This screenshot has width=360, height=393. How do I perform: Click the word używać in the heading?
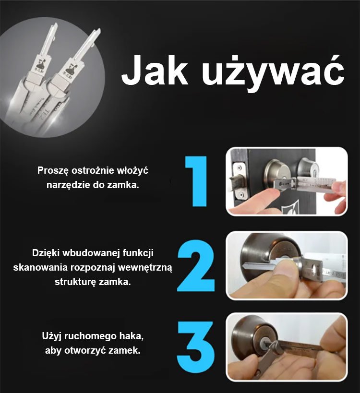click(271, 72)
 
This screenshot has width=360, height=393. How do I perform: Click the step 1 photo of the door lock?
click(287, 181)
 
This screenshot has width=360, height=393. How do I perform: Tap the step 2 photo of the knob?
click(287, 265)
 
